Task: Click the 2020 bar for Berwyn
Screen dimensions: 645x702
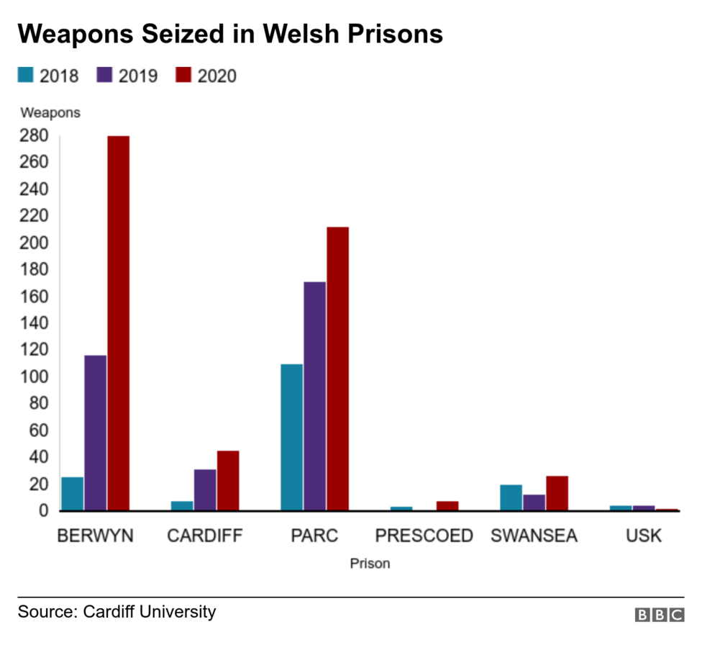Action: [118, 323]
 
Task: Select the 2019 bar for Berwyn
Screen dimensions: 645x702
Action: [95, 433]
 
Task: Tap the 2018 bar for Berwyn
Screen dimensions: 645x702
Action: [72, 494]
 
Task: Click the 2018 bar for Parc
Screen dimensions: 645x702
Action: [291, 437]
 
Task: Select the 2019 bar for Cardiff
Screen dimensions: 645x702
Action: [205, 490]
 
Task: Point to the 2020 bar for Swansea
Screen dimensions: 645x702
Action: [557, 493]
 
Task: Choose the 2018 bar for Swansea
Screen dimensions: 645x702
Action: [511, 497]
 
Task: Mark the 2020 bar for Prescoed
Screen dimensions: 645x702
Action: [447, 506]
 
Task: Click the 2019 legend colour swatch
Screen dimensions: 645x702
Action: [104, 75]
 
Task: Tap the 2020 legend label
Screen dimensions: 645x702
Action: [216, 76]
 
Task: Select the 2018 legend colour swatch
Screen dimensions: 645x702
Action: [26, 75]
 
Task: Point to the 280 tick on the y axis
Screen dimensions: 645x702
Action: [34, 136]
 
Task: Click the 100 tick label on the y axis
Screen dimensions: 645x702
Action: [34, 376]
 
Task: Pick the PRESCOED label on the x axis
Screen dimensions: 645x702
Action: [424, 536]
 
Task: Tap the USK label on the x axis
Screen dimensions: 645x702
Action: [643, 536]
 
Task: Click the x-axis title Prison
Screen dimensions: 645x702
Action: [370, 564]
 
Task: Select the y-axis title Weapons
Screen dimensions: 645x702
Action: [50, 112]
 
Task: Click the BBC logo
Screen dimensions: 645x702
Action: [659, 614]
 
